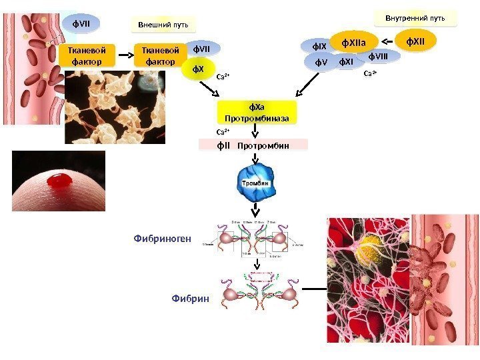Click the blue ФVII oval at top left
[81, 25]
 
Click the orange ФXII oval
[415, 43]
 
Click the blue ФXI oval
[345, 63]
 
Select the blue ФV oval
[323, 63]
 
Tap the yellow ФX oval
[198, 69]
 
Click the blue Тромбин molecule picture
[255, 184]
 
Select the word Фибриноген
[163, 237]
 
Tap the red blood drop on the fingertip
[60, 179]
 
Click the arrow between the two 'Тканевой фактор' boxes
[125, 56]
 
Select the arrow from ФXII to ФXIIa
[386, 43]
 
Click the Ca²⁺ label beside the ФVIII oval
[370, 73]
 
